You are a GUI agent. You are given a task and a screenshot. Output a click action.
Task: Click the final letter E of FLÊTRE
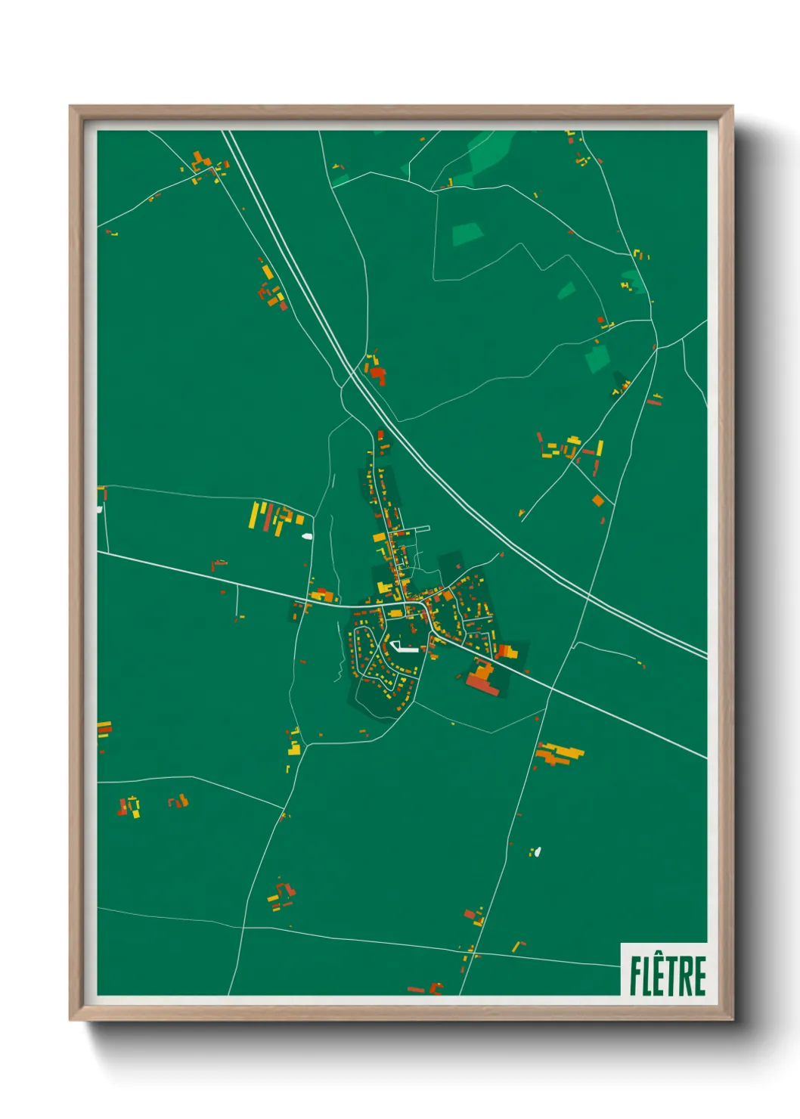(x=699, y=976)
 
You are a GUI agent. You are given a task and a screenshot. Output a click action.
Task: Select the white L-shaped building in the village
(x=402, y=647)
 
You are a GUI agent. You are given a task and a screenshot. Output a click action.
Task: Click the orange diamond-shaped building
(x=598, y=501)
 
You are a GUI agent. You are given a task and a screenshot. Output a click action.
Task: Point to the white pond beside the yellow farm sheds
(x=307, y=536)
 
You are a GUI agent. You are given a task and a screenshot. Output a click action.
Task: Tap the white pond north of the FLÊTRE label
(x=538, y=852)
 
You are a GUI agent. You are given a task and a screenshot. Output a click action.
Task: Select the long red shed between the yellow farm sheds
(x=267, y=516)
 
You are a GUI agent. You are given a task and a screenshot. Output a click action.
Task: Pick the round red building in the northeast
(x=601, y=321)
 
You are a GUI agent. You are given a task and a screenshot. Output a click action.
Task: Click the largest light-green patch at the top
(x=488, y=155)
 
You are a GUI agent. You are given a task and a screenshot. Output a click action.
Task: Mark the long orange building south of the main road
(x=560, y=753)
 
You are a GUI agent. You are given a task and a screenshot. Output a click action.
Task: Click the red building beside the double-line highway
(x=377, y=374)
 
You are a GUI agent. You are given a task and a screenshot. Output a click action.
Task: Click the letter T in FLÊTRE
(x=674, y=976)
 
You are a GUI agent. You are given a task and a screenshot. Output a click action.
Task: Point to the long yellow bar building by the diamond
(x=600, y=448)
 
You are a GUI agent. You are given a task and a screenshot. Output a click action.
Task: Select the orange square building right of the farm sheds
(x=300, y=519)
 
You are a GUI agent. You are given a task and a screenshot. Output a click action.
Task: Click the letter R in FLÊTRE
(x=687, y=976)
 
